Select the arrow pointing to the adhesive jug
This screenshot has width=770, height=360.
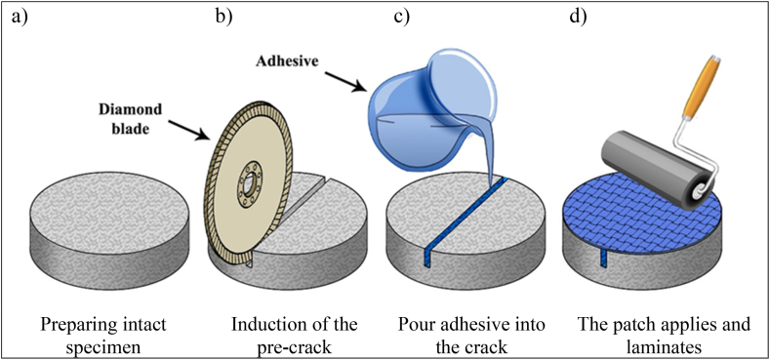(345, 82)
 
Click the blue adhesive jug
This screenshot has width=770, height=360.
(420, 107)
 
